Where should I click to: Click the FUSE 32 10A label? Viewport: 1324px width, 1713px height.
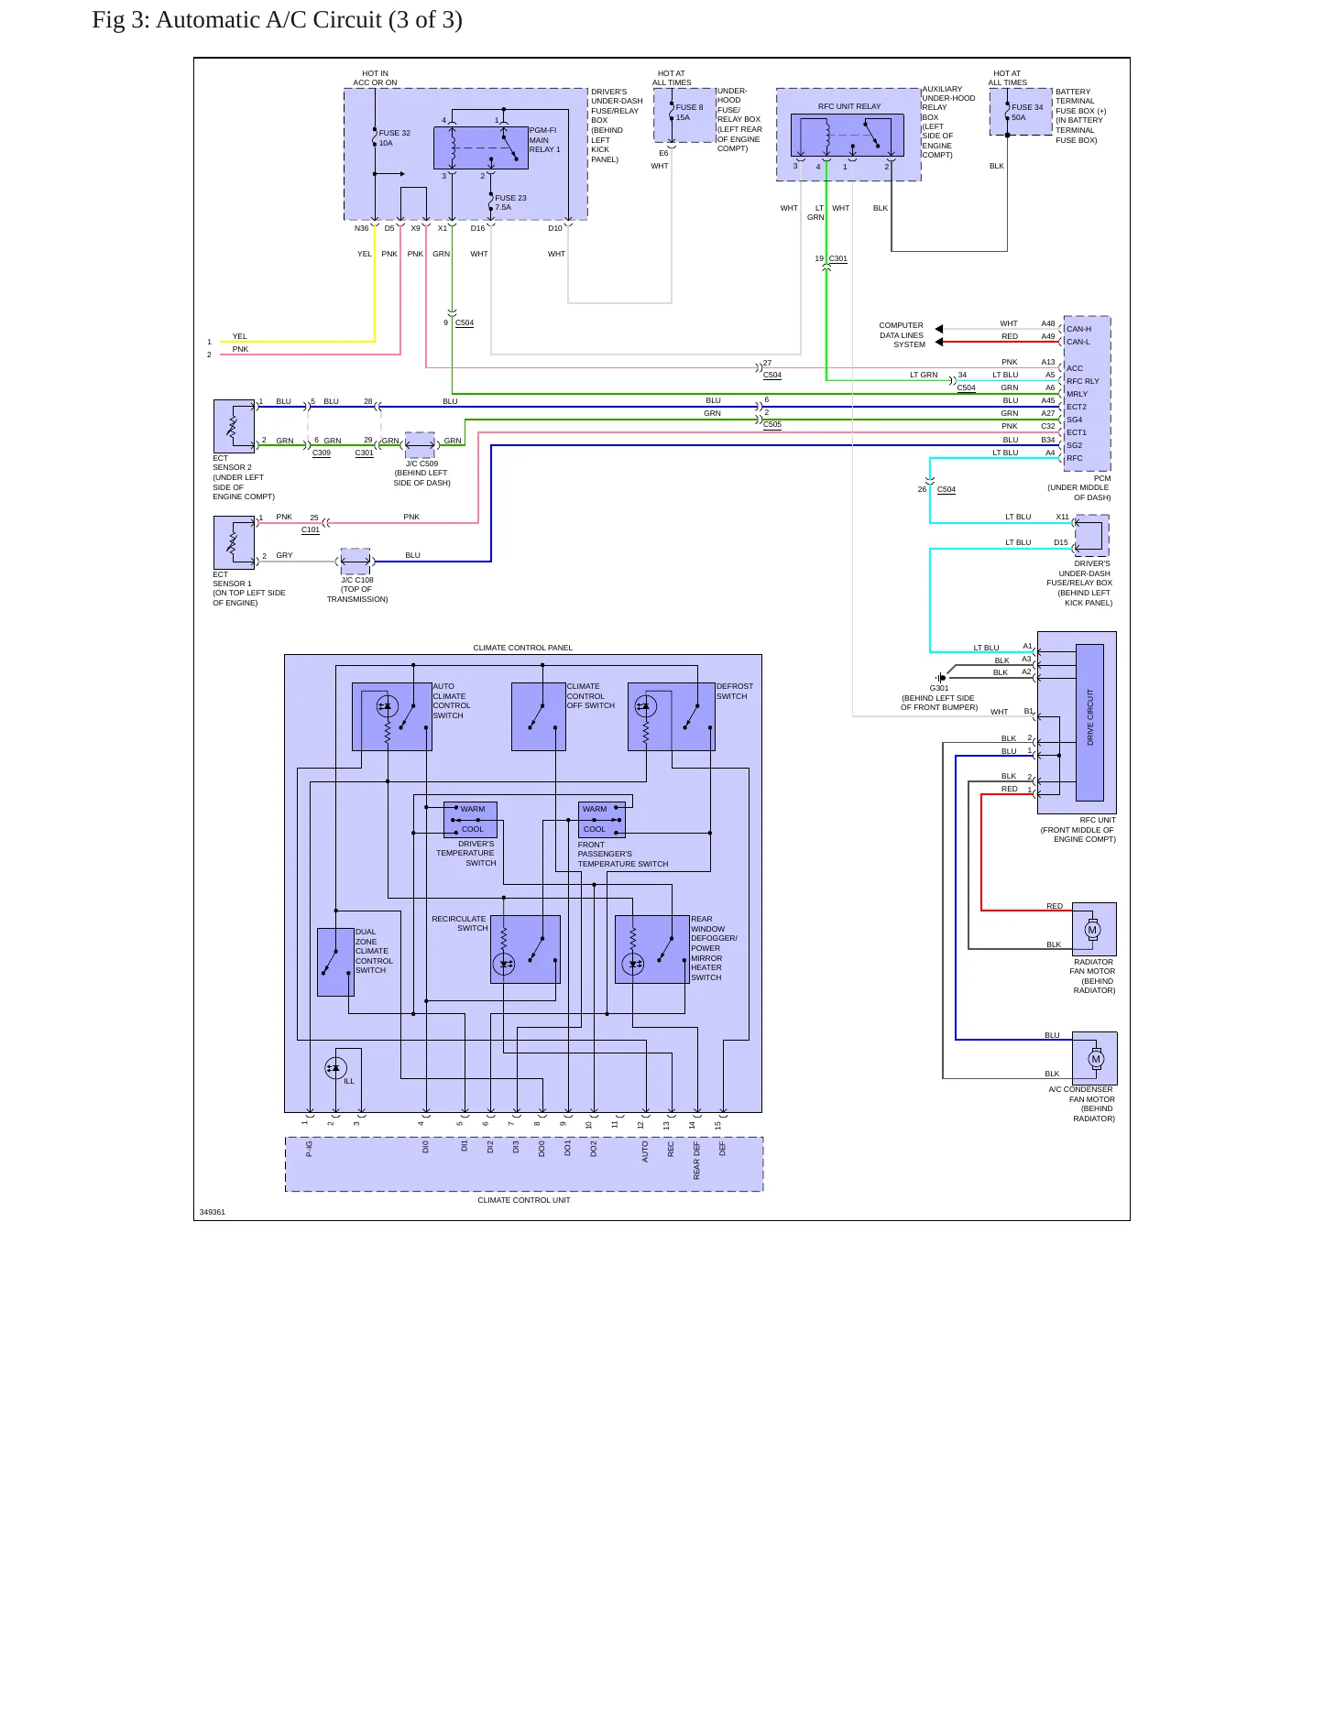[394, 137]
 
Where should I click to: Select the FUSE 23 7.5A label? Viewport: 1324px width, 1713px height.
[510, 202]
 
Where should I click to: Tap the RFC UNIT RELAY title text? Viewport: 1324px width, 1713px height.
[849, 106]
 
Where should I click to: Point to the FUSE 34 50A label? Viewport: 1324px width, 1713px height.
[1026, 112]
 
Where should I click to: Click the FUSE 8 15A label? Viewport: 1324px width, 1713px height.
[689, 112]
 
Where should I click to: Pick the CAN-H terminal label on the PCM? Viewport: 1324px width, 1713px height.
[1078, 329]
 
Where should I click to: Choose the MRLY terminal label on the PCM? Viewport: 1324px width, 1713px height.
[1077, 394]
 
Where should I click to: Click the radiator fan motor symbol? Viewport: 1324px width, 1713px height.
[1092, 929]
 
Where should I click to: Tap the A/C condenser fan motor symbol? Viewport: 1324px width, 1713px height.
[1096, 1059]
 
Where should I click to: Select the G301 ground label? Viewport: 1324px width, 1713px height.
[939, 688]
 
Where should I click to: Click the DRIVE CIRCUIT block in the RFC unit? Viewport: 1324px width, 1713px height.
[1089, 722]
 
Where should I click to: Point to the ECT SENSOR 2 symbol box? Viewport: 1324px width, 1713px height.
[234, 426]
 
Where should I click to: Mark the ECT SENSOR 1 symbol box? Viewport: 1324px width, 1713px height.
[234, 542]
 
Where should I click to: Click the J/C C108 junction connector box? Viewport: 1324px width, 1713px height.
[356, 562]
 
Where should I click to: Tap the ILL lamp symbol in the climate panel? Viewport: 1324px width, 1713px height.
[335, 1068]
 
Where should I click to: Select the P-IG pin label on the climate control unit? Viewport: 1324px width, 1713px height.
[309, 1148]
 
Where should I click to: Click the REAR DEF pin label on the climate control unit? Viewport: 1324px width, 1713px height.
[696, 1160]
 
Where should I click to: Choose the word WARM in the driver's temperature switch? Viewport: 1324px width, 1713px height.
[473, 809]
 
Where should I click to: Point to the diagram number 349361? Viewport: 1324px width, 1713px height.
[212, 1212]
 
